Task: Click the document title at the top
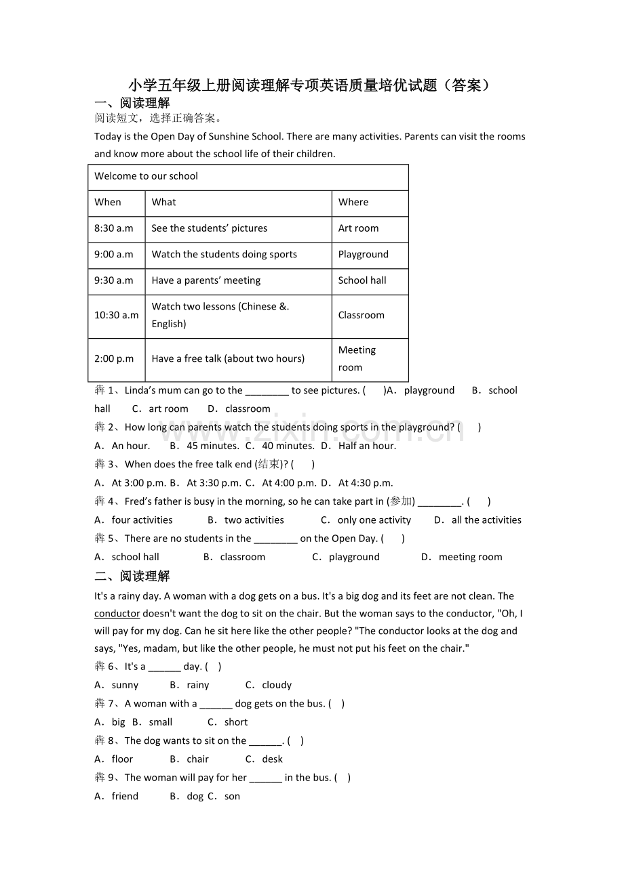309,85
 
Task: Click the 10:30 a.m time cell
116,315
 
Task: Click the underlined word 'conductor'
117,614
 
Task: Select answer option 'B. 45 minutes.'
204,446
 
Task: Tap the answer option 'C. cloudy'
269,685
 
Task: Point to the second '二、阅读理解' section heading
132,576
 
